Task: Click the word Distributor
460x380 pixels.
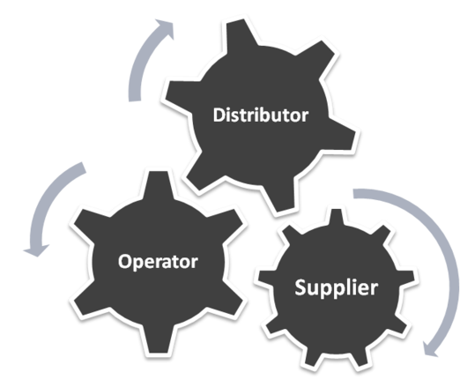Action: (x=261, y=115)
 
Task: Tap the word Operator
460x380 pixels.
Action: (x=158, y=262)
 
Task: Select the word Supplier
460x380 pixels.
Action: (x=336, y=287)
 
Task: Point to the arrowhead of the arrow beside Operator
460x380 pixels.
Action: (x=36, y=250)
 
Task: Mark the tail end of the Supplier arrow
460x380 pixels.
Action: (x=353, y=194)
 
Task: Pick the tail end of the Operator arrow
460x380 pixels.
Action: (x=84, y=168)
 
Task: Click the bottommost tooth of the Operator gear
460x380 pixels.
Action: (x=158, y=340)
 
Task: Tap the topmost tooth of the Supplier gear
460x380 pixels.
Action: (x=337, y=217)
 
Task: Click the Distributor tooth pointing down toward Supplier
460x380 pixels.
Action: (x=279, y=196)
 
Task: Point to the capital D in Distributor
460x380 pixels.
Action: (x=219, y=115)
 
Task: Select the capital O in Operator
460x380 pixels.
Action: (x=124, y=262)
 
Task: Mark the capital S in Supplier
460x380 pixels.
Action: (x=300, y=287)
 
